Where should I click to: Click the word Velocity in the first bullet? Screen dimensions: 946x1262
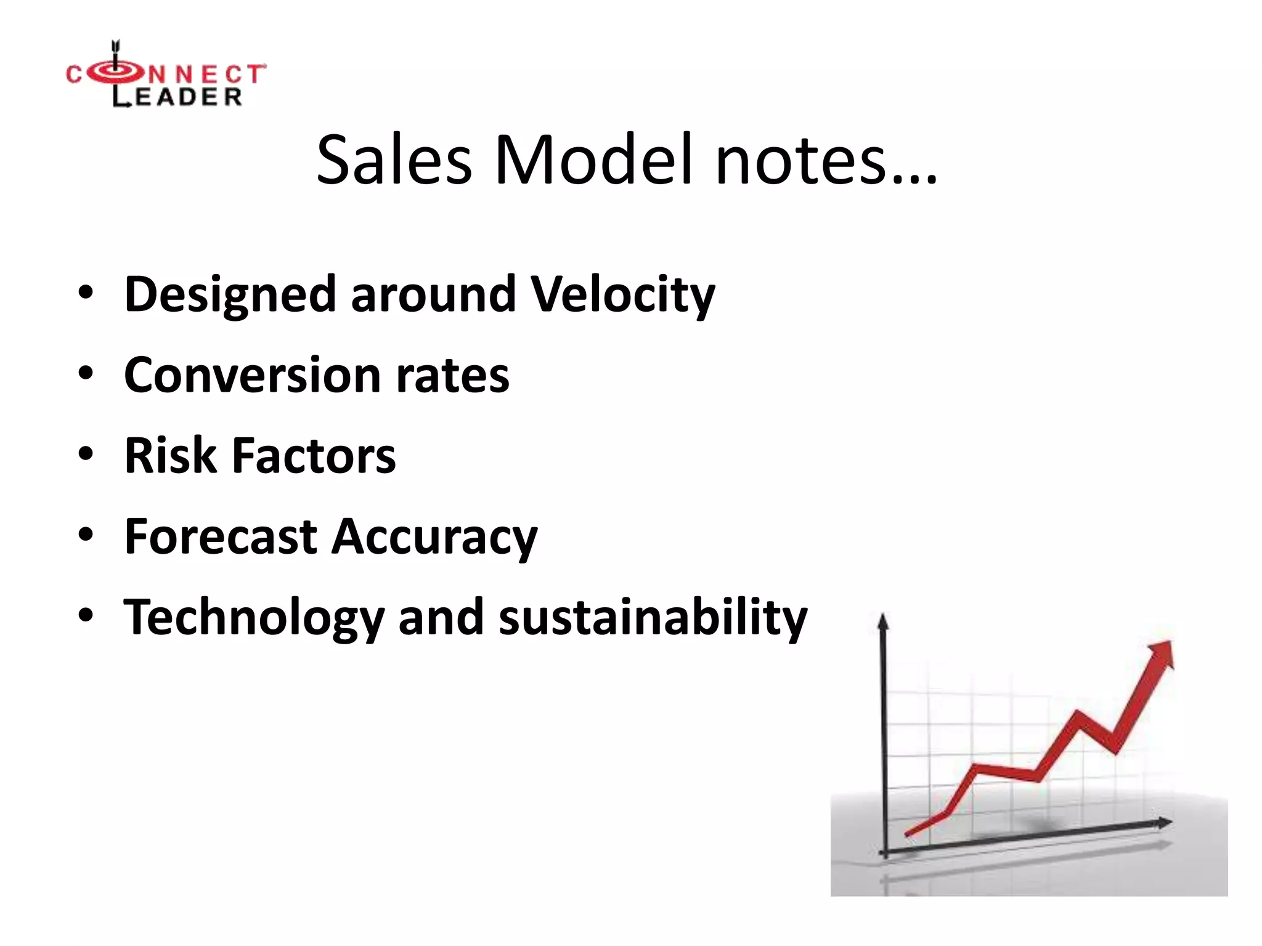[x=622, y=294]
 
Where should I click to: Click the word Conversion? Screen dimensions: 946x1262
[x=252, y=375]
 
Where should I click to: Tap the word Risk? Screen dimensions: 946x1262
[x=171, y=456]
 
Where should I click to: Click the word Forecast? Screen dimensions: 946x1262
[x=221, y=536]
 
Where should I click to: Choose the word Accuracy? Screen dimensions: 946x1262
[x=434, y=538]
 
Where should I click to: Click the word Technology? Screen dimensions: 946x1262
[x=253, y=618]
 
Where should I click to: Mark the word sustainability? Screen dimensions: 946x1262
[x=653, y=618]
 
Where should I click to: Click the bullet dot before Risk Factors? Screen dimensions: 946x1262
[x=86, y=455]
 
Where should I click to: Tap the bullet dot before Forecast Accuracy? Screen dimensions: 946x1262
[x=86, y=535]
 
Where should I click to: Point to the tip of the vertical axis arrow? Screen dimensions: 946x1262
[x=883, y=617]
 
